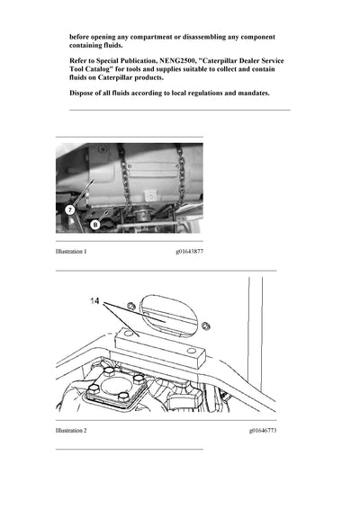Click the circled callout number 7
point(67,209)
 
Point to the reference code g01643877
point(189,252)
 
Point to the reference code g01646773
point(263,432)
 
